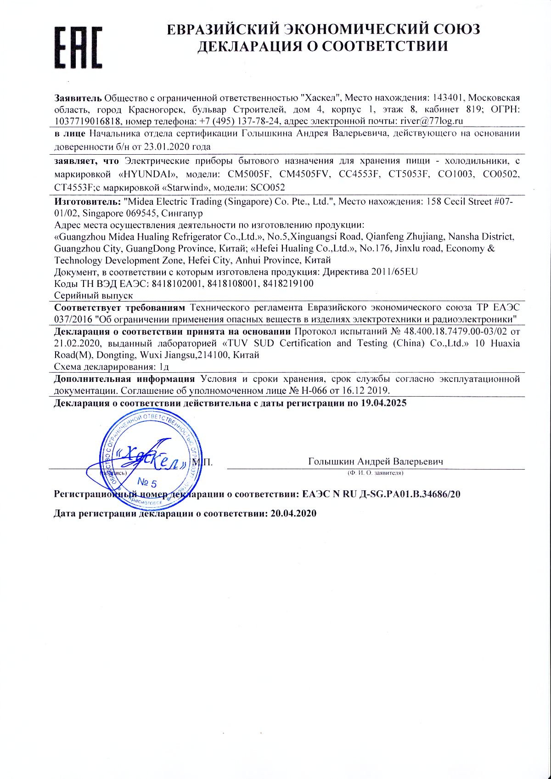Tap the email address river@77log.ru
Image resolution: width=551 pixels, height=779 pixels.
coord(432,121)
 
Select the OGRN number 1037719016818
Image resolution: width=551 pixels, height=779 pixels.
coord(87,121)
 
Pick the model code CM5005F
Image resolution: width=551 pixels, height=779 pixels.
coord(249,175)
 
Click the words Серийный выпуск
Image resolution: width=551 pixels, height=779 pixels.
coord(94,295)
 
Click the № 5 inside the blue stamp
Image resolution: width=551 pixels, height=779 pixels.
coord(147,483)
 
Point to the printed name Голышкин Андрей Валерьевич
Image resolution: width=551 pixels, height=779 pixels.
coord(376,462)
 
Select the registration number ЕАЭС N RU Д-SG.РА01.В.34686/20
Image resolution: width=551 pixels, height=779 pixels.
coord(382,494)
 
